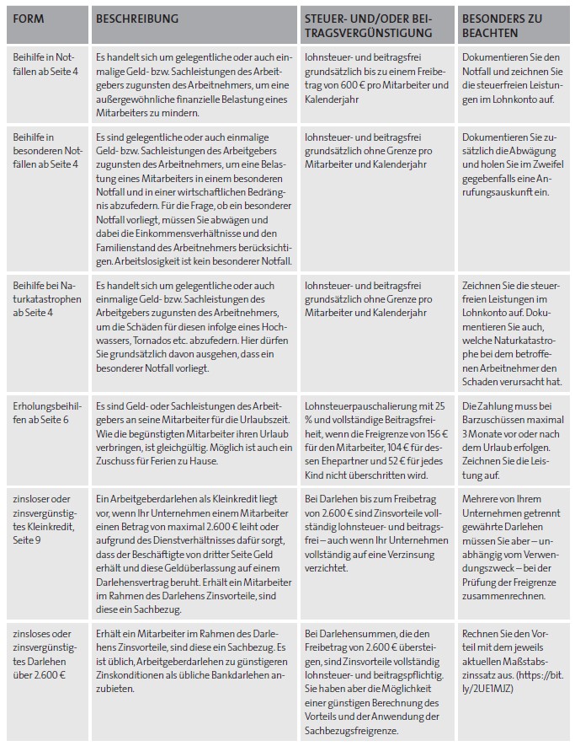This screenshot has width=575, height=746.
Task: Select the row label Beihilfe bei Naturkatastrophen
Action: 47,299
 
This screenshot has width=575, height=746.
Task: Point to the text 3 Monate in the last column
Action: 485,433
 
